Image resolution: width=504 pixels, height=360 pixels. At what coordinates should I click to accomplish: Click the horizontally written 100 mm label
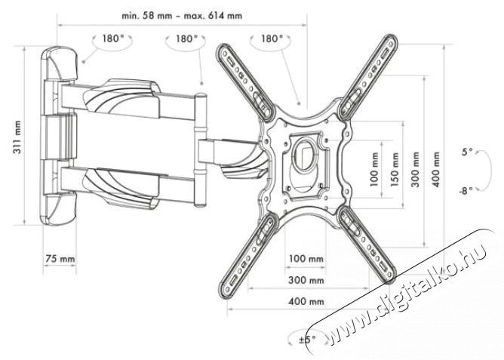tap(306, 260)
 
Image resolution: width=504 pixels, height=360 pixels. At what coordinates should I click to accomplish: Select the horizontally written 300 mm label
tap(306, 280)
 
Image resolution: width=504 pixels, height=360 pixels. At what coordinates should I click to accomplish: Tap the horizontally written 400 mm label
tap(306, 302)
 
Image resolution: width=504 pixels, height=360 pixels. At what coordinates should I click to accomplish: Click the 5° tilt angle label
tap(467, 152)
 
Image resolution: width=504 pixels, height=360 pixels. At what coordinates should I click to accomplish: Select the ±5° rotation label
tap(306, 338)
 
